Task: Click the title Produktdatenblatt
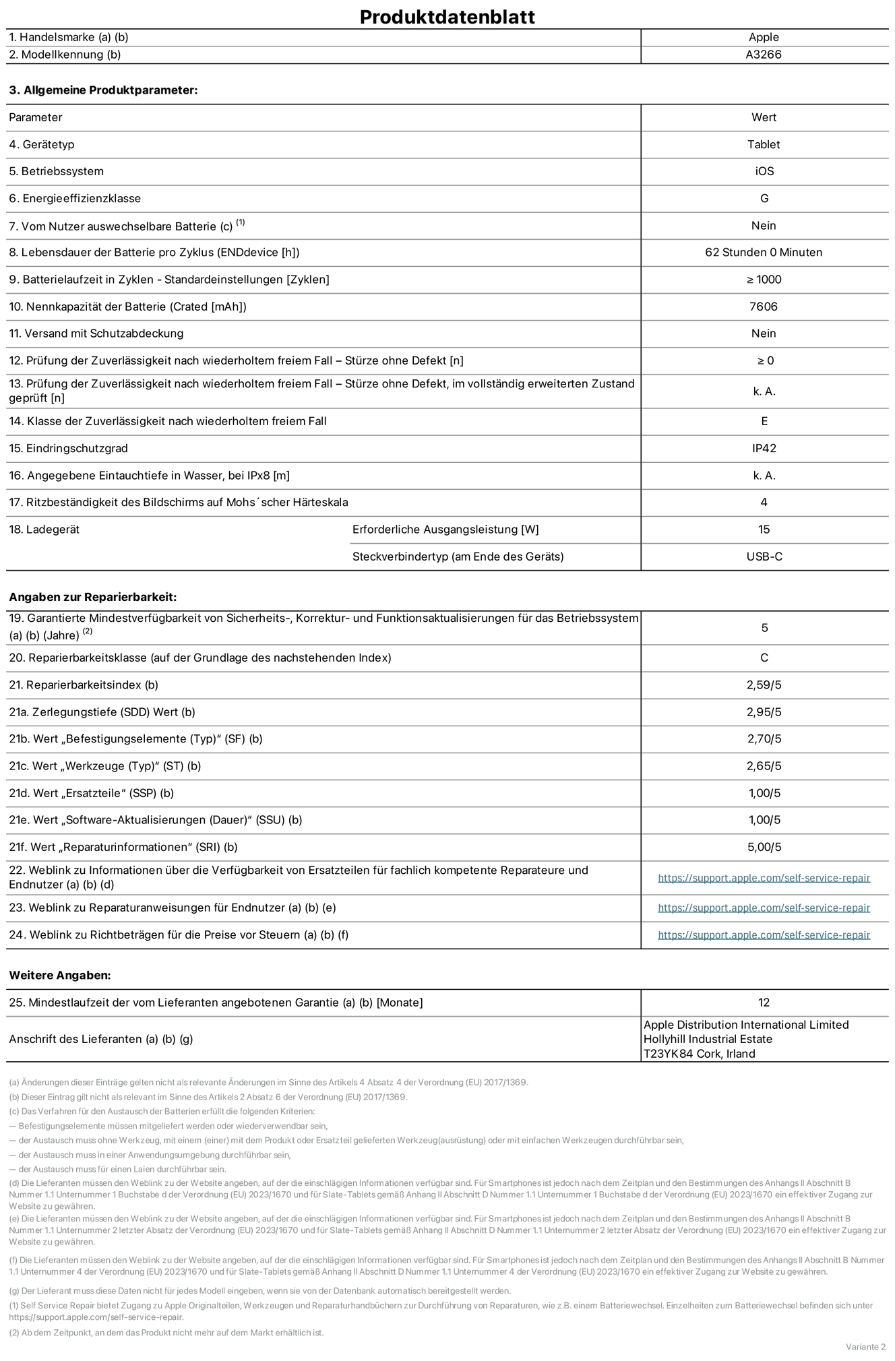(x=447, y=17)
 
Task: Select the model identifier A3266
(x=764, y=55)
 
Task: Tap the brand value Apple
(x=764, y=37)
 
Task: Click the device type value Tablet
(x=764, y=144)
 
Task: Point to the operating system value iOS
(x=764, y=171)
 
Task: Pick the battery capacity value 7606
(x=764, y=307)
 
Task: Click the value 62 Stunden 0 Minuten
(x=764, y=252)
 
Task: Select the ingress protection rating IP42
(x=764, y=448)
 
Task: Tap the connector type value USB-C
(x=764, y=557)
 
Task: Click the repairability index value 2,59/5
(x=764, y=685)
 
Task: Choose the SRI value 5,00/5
(x=764, y=847)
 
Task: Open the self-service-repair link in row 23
(x=764, y=908)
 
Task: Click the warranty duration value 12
(x=764, y=1003)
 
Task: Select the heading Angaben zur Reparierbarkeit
(x=92, y=597)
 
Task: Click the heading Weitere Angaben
(x=60, y=975)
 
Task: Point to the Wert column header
(x=764, y=117)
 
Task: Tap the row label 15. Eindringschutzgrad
(x=68, y=448)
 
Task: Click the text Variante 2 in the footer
(x=865, y=1346)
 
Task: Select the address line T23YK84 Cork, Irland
(x=699, y=1054)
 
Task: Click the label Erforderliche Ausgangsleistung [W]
(x=445, y=530)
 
